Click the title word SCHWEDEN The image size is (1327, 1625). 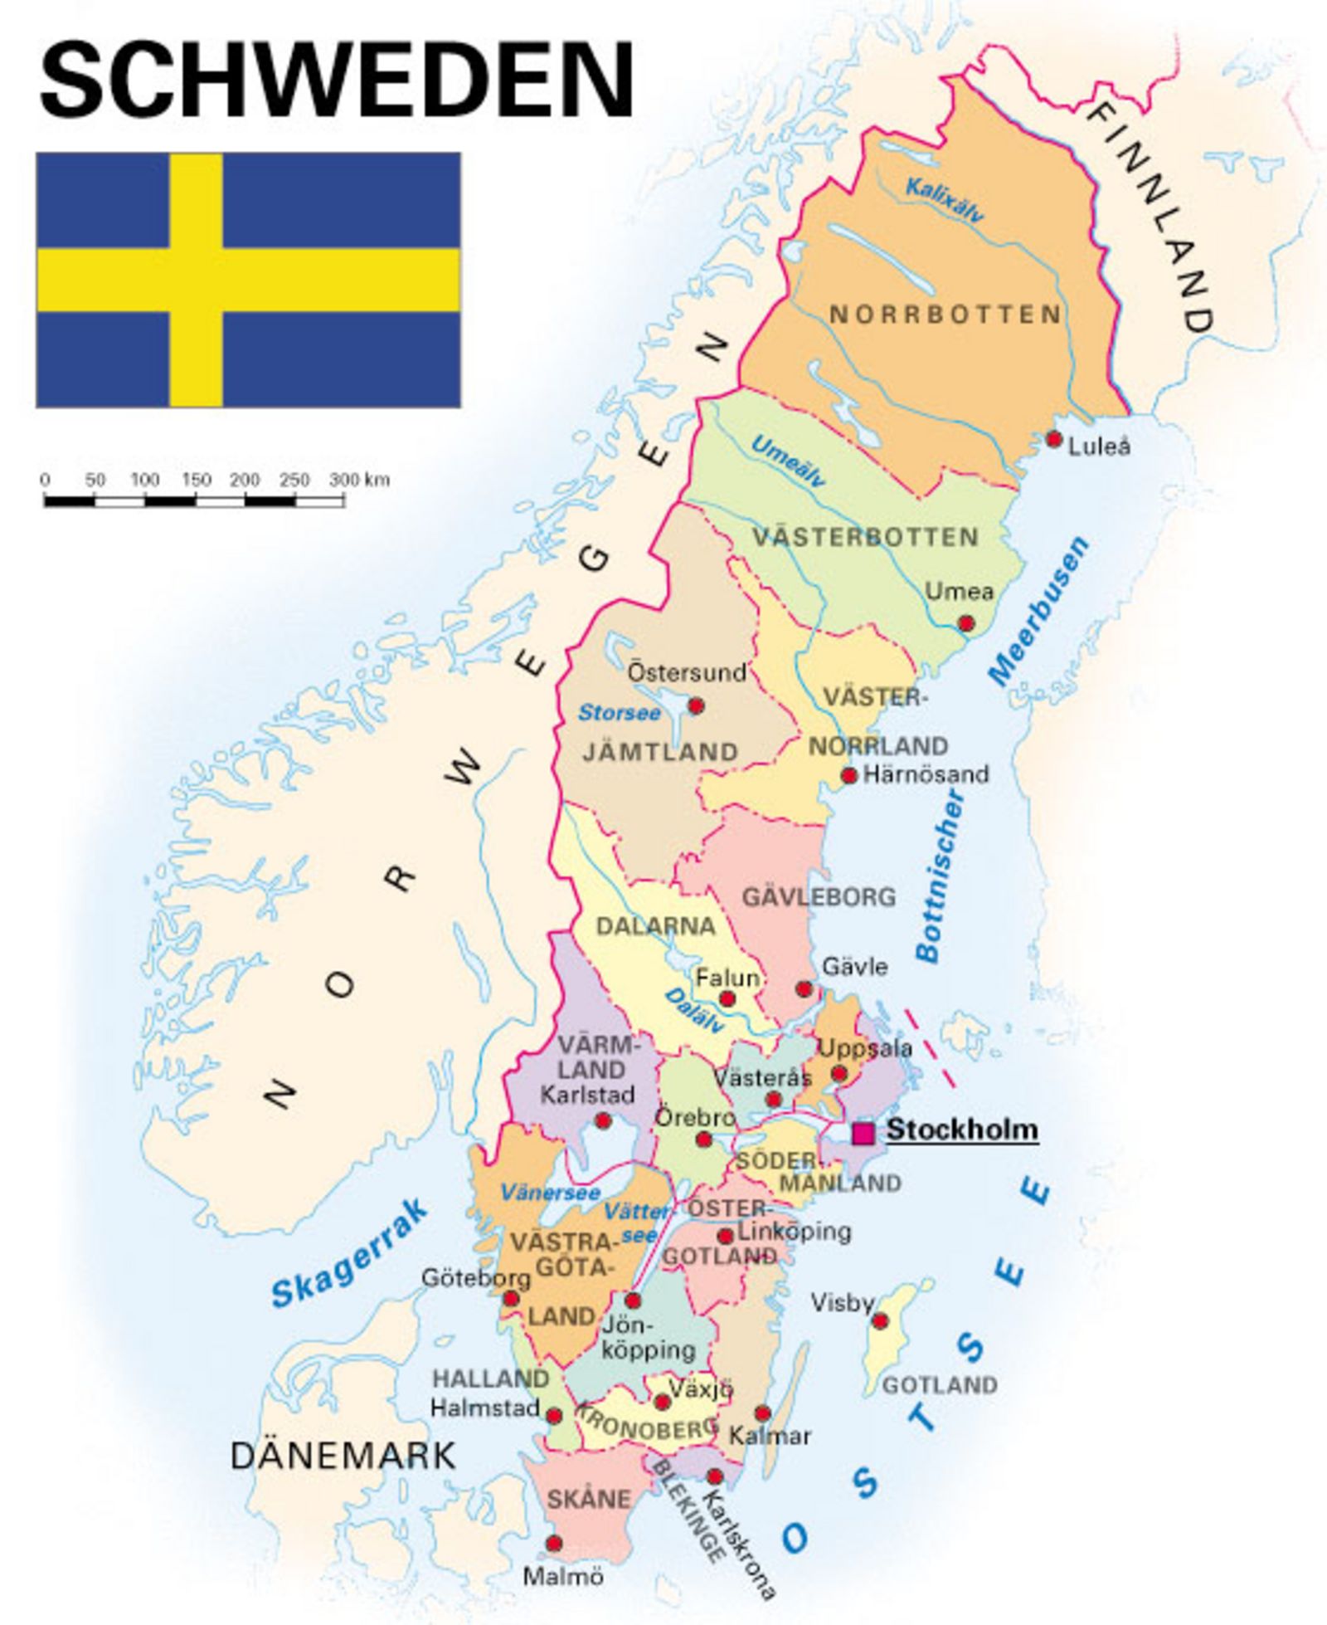(336, 80)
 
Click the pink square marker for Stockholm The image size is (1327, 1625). (863, 1134)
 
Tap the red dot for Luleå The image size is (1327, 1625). (1053, 439)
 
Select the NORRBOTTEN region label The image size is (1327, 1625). (945, 315)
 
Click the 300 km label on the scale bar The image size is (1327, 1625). (358, 480)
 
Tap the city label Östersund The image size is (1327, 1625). (687, 672)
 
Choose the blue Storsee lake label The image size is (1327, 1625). (619, 713)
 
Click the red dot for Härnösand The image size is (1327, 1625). (848, 776)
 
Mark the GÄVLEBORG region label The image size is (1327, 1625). (819, 897)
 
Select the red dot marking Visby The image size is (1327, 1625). (880, 1320)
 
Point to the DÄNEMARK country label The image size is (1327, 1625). (343, 1455)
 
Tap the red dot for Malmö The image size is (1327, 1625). (554, 1544)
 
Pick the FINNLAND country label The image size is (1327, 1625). (1153, 220)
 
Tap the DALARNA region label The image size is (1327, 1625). (655, 926)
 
